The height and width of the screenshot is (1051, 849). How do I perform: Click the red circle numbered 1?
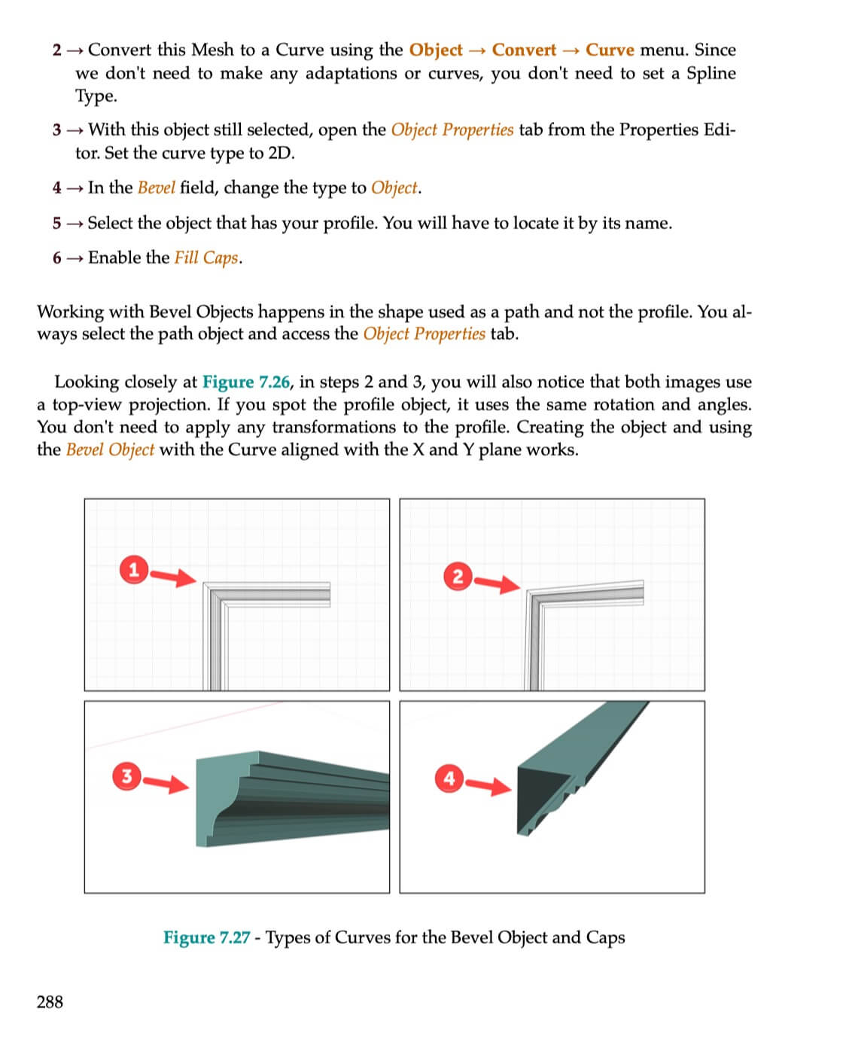tap(133, 570)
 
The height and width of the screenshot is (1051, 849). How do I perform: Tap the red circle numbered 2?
tap(457, 577)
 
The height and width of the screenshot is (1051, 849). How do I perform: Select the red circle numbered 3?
tap(126, 776)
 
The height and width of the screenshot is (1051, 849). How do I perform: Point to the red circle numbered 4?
tap(449, 778)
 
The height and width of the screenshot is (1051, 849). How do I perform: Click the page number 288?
tap(50, 1001)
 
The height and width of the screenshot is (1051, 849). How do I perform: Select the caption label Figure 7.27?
tap(206, 937)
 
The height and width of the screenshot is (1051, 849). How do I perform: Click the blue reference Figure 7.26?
tap(245, 382)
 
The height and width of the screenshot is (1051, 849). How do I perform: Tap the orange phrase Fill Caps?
tap(205, 257)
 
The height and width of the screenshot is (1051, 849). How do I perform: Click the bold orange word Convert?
tap(524, 50)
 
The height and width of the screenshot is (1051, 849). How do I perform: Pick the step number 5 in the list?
tap(57, 223)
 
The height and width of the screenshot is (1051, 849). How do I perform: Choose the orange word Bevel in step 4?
tap(157, 187)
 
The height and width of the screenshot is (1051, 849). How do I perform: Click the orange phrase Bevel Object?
tap(110, 449)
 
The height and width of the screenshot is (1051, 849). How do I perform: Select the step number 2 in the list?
tap(57, 50)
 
